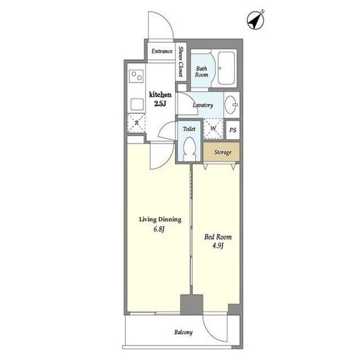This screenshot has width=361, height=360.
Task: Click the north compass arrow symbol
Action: tap(256, 20)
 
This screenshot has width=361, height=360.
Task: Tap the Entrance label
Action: tap(162, 51)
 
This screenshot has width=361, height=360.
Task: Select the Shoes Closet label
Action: tap(180, 61)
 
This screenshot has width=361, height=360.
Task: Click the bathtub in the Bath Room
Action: tap(226, 68)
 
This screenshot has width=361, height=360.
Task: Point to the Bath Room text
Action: tap(201, 72)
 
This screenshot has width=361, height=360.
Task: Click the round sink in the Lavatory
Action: tap(231, 105)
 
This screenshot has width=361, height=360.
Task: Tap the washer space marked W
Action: tap(213, 128)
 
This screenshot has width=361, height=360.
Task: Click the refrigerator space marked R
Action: tap(137, 123)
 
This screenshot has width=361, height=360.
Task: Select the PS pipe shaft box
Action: tap(233, 130)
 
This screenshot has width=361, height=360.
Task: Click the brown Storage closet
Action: tap(221, 152)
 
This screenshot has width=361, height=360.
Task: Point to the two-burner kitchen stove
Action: tap(137, 76)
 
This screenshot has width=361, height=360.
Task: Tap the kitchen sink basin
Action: tap(137, 104)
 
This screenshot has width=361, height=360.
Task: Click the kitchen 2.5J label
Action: tap(160, 99)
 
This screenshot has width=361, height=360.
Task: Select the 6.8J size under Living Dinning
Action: tap(159, 229)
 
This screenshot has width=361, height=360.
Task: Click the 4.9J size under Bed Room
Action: tap(218, 246)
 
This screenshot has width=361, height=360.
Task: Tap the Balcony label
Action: tap(183, 332)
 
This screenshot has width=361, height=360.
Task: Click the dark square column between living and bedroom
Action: tap(192, 305)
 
